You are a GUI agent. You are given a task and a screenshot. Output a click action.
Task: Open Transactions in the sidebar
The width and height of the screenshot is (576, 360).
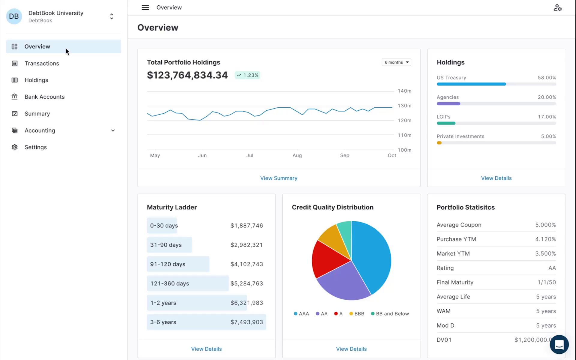pyautogui.click(x=42, y=63)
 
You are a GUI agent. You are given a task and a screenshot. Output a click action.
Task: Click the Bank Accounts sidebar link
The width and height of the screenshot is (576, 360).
pyautogui.click(x=44, y=97)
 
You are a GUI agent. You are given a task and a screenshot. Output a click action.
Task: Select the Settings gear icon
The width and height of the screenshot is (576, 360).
pyautogui.click(x=14, y=147)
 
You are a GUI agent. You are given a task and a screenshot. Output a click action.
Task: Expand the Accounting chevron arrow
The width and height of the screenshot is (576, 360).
pyautogui.click(x=113, y=130)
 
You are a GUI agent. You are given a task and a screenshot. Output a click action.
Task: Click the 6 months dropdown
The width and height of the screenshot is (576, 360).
pyautogui.click(x=396, y=62)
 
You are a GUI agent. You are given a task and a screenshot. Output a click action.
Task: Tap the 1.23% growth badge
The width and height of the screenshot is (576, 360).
pyautogui.click(x=247, y=75)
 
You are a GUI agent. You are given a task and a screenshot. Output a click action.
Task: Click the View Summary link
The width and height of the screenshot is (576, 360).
pyautogui.click(x=279, y=178)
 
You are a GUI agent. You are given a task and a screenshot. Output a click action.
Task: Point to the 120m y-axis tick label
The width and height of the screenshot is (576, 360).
pyautogui.click(x=404, y=121)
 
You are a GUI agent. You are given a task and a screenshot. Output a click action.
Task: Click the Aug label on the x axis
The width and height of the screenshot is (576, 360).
pyautogui.click(x=297, y=155)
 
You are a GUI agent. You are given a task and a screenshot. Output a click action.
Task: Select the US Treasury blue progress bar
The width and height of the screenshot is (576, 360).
pyautogui.click(x=471, y=84)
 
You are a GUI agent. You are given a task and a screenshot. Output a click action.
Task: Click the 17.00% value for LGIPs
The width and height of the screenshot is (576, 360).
pyautogui.click(x=547, y=117)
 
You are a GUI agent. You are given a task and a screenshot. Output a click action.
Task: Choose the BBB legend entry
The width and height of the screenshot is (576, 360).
pyautogui.click(x=357, y=313)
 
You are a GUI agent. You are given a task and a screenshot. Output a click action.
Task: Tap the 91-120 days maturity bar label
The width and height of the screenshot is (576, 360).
pyautogui.click(x=168, y=264)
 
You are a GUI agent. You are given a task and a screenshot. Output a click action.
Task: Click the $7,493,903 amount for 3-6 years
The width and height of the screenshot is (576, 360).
pyautogui.click(x=247, y=322)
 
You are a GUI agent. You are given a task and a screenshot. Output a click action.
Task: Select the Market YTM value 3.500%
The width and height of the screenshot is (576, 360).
pyautogui.click(x=545, y=253)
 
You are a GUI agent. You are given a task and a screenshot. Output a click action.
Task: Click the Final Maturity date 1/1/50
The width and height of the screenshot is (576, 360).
pyautogui.click(x=546, y=282)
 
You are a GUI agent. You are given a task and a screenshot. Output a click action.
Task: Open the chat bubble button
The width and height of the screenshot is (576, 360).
pyautogui.click(x=559, y=344)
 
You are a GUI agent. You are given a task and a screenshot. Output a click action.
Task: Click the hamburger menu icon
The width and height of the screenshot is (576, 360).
pyautogui.click(x=145, y=7)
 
